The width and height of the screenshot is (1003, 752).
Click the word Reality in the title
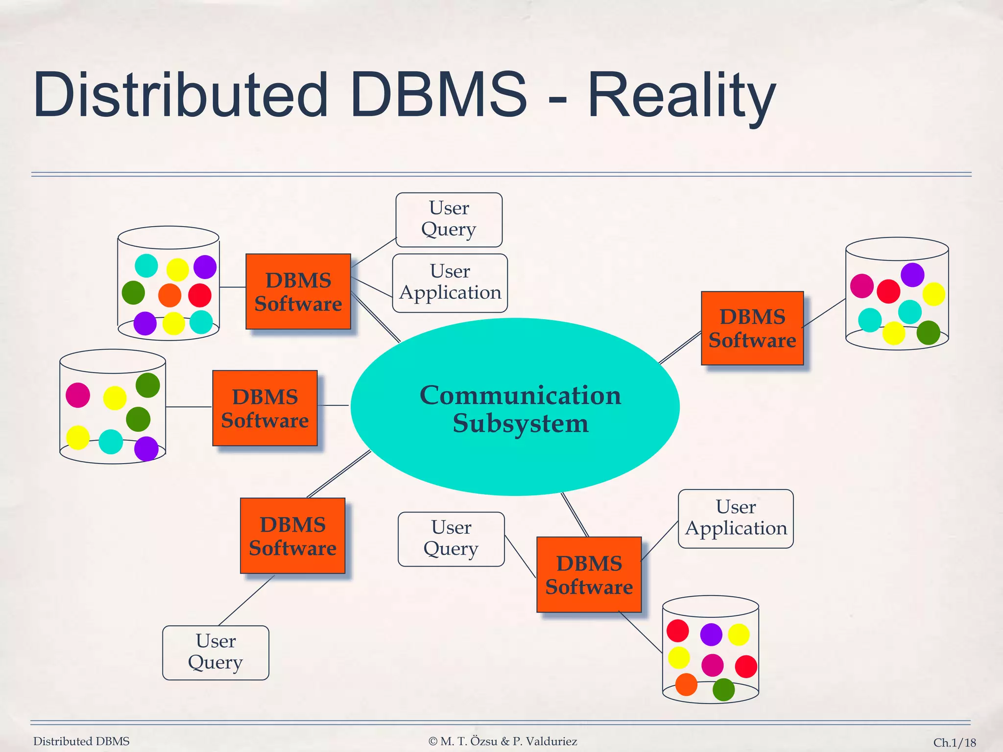pyautogui.click(x=681, y=95)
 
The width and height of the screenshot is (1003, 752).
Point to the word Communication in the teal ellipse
pyautogui.click(x=520, y=395)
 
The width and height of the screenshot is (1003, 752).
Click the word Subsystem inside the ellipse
pyautogui.click(x=520, y=423)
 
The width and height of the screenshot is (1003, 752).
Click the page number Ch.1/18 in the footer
pyautogui.click(x=954, y=743)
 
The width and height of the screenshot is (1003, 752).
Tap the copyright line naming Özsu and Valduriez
pyautogui.click(x=502, y=741)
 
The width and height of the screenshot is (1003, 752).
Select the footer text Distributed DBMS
pyautogui.click(x=81, y=741)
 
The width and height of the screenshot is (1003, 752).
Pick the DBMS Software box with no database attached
pyautogui.click(x=292, y=536)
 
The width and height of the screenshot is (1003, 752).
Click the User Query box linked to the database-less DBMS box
pyautogui.click(x=215, y=652)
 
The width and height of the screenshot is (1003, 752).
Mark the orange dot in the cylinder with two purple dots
pyautogui.click(x=169, y=295)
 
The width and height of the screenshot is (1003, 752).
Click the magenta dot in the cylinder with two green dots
pyautogui.click(x=78, y=395)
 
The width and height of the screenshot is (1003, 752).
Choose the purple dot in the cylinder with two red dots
pyautogui.click(x=711, y=634)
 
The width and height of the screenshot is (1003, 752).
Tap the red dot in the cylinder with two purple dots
pyautogui.click(x=200, y=295)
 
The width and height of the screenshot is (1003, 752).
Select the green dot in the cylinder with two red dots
pyautogui.click(x=723, y=689)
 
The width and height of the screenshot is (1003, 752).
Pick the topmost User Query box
pyautogui.click(x=449, y=219)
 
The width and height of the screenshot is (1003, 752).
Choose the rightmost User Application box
pyautogui.click(x=736, y=518)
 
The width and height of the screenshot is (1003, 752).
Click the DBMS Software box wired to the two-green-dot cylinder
pyautogui.click(x=265, y=408)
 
